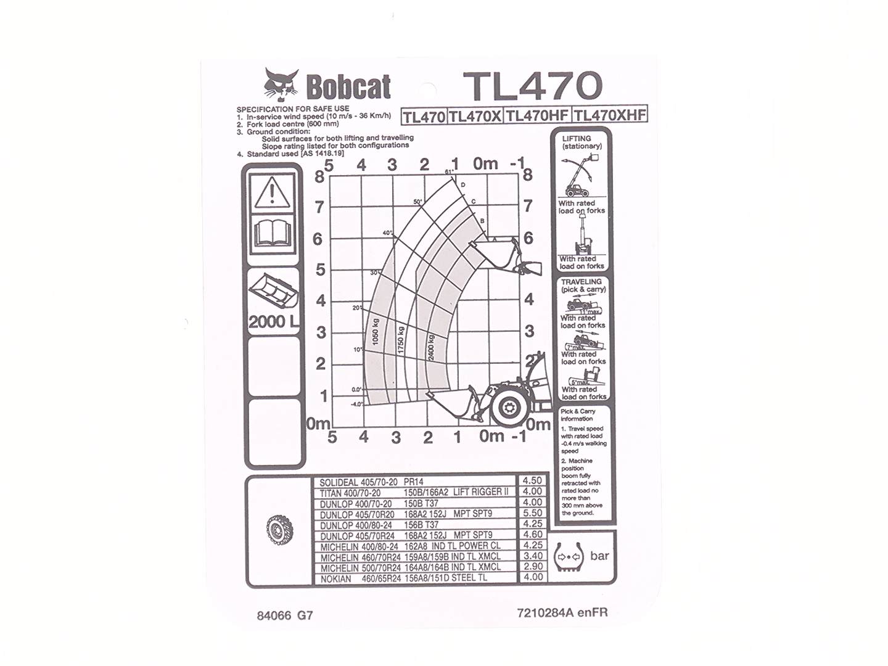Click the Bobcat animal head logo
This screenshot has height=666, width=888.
pos(281,84)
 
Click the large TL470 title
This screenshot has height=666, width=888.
pos(532,86)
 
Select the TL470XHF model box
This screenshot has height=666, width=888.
pos(610,115)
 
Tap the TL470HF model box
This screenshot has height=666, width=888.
pos(537,115)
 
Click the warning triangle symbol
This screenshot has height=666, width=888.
pos(271,192)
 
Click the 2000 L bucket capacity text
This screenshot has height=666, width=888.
pos(273,322)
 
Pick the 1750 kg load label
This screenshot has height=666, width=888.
pos(401,340)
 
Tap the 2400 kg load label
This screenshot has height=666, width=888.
pos(431,347)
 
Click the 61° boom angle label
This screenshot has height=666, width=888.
pos(448,171)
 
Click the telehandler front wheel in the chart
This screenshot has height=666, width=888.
pos(509,407)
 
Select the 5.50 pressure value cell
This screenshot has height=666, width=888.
pos(532,513)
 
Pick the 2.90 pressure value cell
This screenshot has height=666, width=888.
pos(532,566)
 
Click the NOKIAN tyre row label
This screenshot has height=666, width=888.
pos(335,578)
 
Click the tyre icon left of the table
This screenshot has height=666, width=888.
pos(279,530)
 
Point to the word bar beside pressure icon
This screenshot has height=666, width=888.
pos(599,556)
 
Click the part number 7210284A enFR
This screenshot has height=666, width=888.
pos(562,612)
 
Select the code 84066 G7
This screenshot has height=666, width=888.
pos(285,615)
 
